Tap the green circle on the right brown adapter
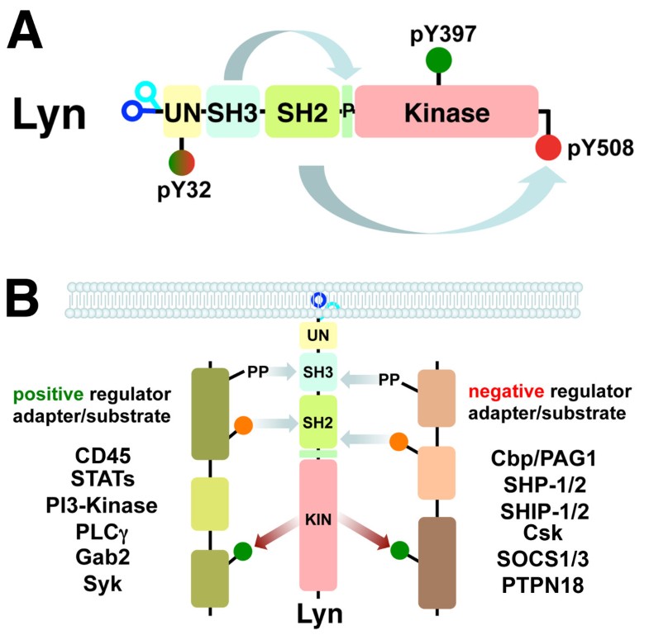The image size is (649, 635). [401, 548]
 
